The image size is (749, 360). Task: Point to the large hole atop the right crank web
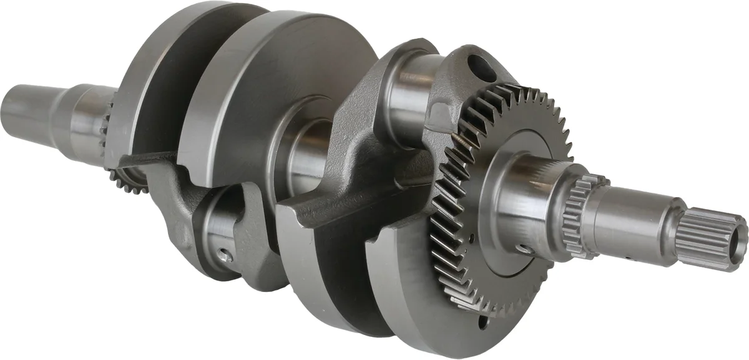(481, 64)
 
